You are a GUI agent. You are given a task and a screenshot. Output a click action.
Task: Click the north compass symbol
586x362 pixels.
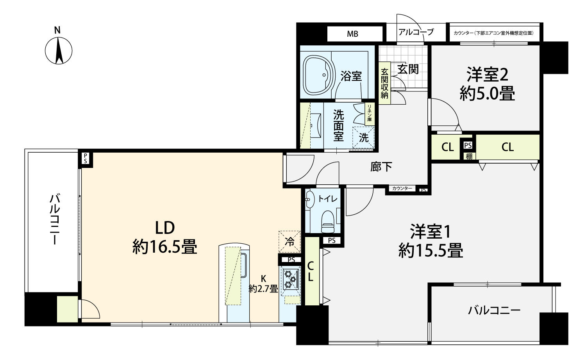click(59, 51)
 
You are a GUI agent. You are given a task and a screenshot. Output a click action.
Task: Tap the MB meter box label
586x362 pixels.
click(352, 34)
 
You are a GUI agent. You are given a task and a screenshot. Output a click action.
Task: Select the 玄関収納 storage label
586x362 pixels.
click(384, 83)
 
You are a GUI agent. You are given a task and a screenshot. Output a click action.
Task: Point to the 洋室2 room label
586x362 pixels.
click(488, 75)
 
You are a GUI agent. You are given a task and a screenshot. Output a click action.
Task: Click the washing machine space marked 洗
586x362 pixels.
click(364, 137)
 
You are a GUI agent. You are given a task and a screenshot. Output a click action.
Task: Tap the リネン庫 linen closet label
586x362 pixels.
click(370, 113)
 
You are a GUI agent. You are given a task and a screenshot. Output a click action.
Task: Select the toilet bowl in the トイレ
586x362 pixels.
click(328, 221)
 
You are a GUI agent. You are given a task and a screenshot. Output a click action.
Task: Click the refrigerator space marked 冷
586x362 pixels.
click(289, 241)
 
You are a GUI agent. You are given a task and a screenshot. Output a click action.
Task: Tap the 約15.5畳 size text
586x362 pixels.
click(431, 251)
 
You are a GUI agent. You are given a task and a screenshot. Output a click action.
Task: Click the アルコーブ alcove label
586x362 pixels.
click(416, 32)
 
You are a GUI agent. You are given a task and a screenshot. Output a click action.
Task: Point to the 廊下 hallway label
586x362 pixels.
click(381, 167)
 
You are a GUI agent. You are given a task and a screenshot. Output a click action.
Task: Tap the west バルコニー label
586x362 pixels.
click(55, 219)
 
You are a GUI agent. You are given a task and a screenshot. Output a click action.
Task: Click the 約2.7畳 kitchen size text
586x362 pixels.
click(263, 289)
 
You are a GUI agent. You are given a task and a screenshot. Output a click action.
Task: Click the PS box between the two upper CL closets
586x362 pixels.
click(468, 145)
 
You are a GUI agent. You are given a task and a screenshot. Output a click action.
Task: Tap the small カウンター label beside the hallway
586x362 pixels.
click(402, 188)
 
